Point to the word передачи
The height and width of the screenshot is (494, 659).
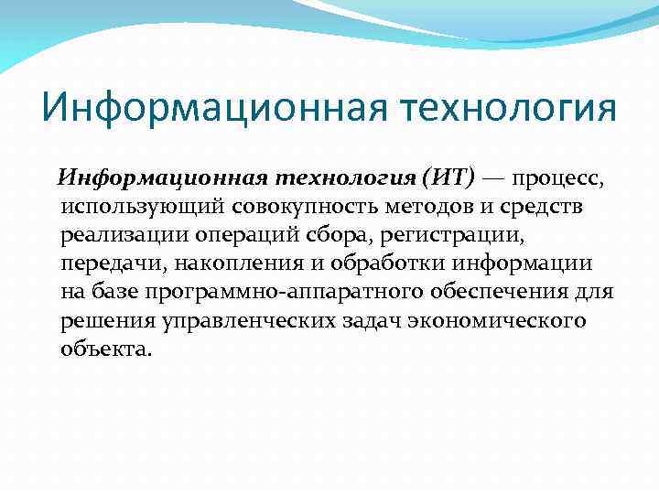(x=103, y=264)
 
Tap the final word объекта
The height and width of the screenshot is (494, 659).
(x=103, y=351)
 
